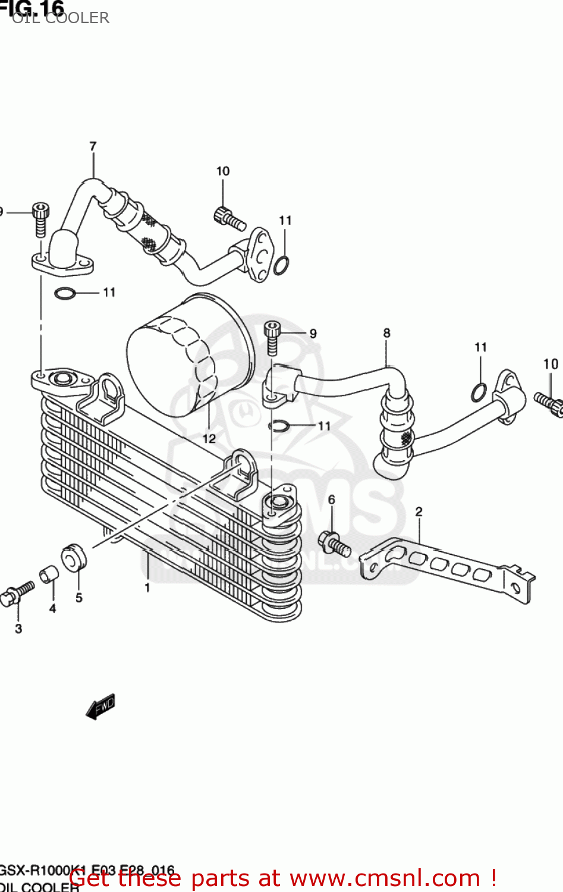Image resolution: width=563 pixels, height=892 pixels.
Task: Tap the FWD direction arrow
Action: (x=100, y=706)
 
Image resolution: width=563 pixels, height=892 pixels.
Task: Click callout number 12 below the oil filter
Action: (x=209, y=439)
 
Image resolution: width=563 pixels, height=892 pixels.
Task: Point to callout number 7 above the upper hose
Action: (x=93, y=146)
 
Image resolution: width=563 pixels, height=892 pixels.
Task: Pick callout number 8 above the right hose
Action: (x=386, y=333)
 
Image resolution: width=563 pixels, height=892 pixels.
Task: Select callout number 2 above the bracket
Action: (x=419, y=512)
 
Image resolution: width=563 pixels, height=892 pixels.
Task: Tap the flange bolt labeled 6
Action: (x=334, y=543)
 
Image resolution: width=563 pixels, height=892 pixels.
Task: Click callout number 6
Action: (x=331, y=500)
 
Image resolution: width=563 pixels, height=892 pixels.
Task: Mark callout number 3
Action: (x=18, y=629)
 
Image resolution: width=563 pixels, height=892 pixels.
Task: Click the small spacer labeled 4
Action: (x=49, y=575)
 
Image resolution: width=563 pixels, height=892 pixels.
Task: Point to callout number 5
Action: (x=79, y=598)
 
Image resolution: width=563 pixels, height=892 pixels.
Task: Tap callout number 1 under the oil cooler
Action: (x=147, y=588)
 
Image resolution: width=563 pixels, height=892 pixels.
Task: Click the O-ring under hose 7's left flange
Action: (x=65, y=293)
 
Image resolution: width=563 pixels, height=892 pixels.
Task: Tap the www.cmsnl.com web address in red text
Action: (x=384, y=878)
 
